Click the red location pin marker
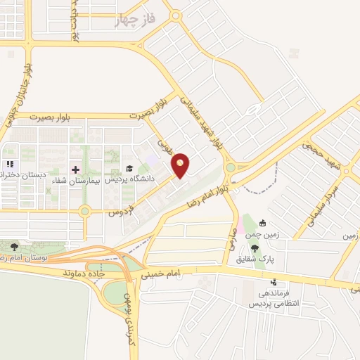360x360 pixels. point(181,165)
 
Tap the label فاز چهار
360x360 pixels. point(133,21)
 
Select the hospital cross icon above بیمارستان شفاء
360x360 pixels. point(76,169)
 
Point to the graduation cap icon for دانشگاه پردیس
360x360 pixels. point(129,169)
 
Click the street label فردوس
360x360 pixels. point(120,210)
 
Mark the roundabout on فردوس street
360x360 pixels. point(84,210)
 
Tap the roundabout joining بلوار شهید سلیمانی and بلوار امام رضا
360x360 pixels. point(231,168)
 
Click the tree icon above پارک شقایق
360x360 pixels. point(254,247)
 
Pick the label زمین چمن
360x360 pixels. point(266,235)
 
